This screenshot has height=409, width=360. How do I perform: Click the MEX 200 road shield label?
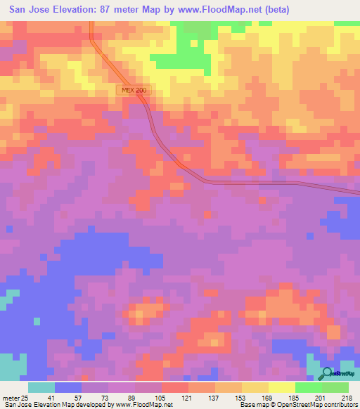131,91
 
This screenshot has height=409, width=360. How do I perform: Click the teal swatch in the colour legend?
41,387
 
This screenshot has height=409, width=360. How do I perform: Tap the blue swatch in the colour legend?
68,387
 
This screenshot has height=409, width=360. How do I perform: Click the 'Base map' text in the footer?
252,405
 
